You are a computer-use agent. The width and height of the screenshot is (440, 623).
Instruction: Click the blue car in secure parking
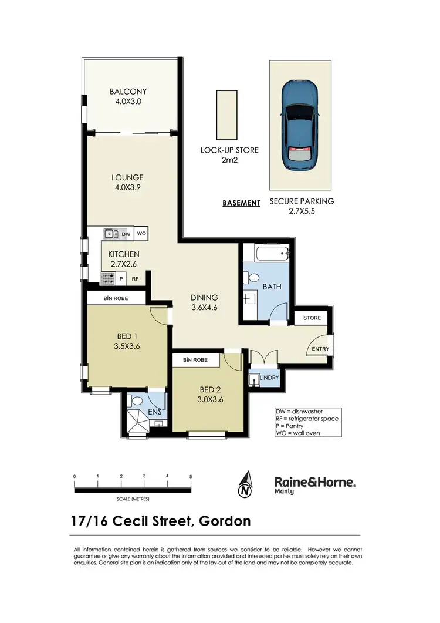299,125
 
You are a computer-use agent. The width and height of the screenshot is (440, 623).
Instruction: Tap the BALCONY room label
128,92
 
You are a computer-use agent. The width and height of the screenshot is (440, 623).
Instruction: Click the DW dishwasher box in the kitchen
126,234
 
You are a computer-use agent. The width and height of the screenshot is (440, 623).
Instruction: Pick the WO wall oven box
141,234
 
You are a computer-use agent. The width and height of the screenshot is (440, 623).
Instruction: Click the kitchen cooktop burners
109,279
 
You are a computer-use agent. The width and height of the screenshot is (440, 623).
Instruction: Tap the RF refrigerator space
135,279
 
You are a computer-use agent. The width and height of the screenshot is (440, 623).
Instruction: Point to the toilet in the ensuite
137,402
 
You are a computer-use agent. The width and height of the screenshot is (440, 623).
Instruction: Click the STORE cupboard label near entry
312,319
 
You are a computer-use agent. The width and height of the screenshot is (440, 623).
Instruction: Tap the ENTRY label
320,349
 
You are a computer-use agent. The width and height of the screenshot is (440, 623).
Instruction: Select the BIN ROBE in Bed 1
116,299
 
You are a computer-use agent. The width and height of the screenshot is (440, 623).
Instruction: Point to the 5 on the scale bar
191,476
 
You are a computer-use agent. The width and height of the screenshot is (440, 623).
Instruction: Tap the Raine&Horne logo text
315,482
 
